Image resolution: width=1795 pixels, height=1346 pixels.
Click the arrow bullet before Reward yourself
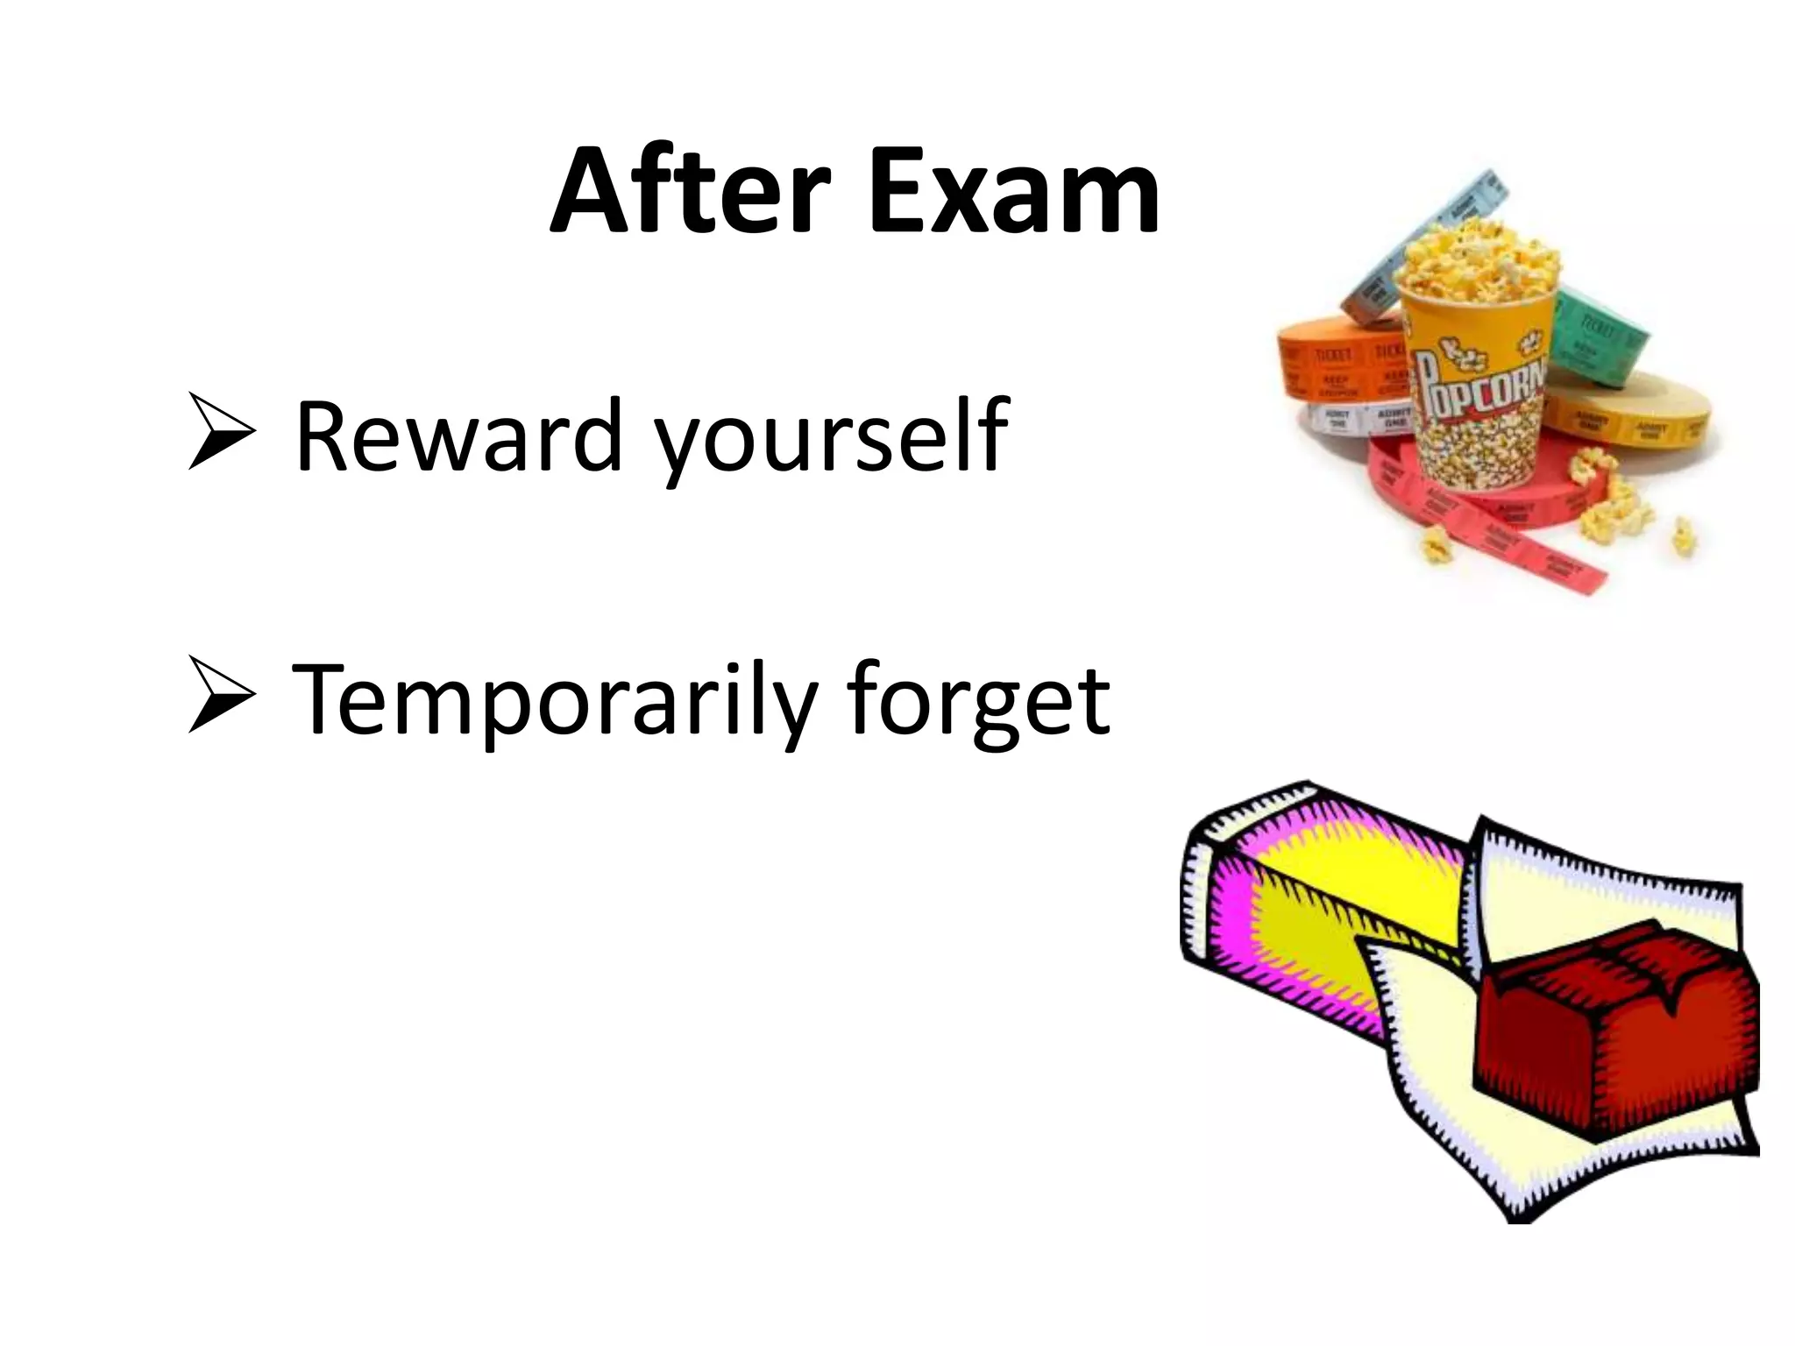point(221,431)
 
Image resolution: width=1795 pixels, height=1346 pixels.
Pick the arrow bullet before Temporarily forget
point(221,696)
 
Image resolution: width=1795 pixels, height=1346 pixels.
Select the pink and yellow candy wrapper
point(1315,903)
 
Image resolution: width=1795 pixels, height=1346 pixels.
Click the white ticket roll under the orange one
point(1350,421)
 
